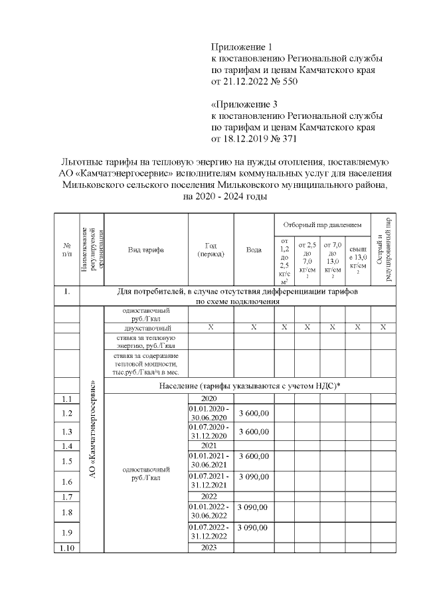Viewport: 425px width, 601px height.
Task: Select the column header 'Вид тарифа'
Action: [146, 250]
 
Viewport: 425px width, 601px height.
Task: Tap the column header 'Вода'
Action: [254, 250]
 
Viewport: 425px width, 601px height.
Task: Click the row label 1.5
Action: [66, 461]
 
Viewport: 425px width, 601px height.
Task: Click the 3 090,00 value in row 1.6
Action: [254, 477]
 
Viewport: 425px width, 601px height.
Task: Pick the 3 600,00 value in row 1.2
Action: [254, 413]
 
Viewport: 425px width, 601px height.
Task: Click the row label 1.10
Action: [66, 548]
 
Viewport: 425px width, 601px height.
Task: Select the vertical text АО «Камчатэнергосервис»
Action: [92, 432]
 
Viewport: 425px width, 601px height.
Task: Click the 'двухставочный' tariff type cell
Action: [147, 327]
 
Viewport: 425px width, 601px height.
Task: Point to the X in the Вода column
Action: [254, 327]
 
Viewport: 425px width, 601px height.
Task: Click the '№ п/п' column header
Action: [66, 250]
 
